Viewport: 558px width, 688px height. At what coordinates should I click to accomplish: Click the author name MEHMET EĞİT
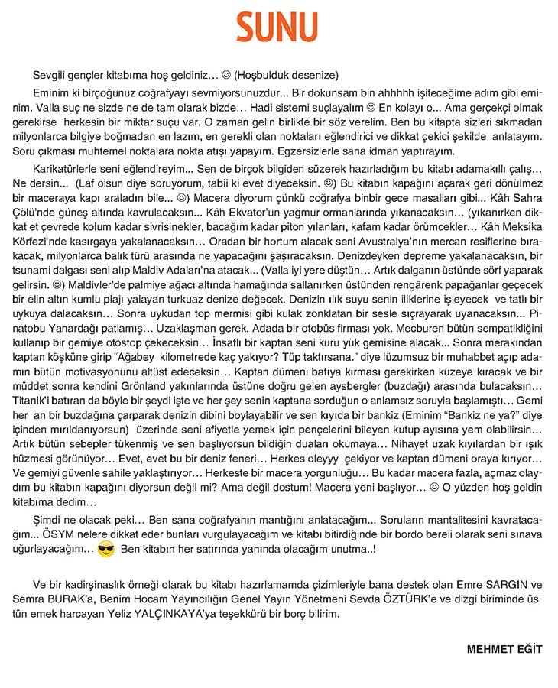point(504,649)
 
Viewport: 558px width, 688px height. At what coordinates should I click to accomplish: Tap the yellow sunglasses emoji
point(106,549)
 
